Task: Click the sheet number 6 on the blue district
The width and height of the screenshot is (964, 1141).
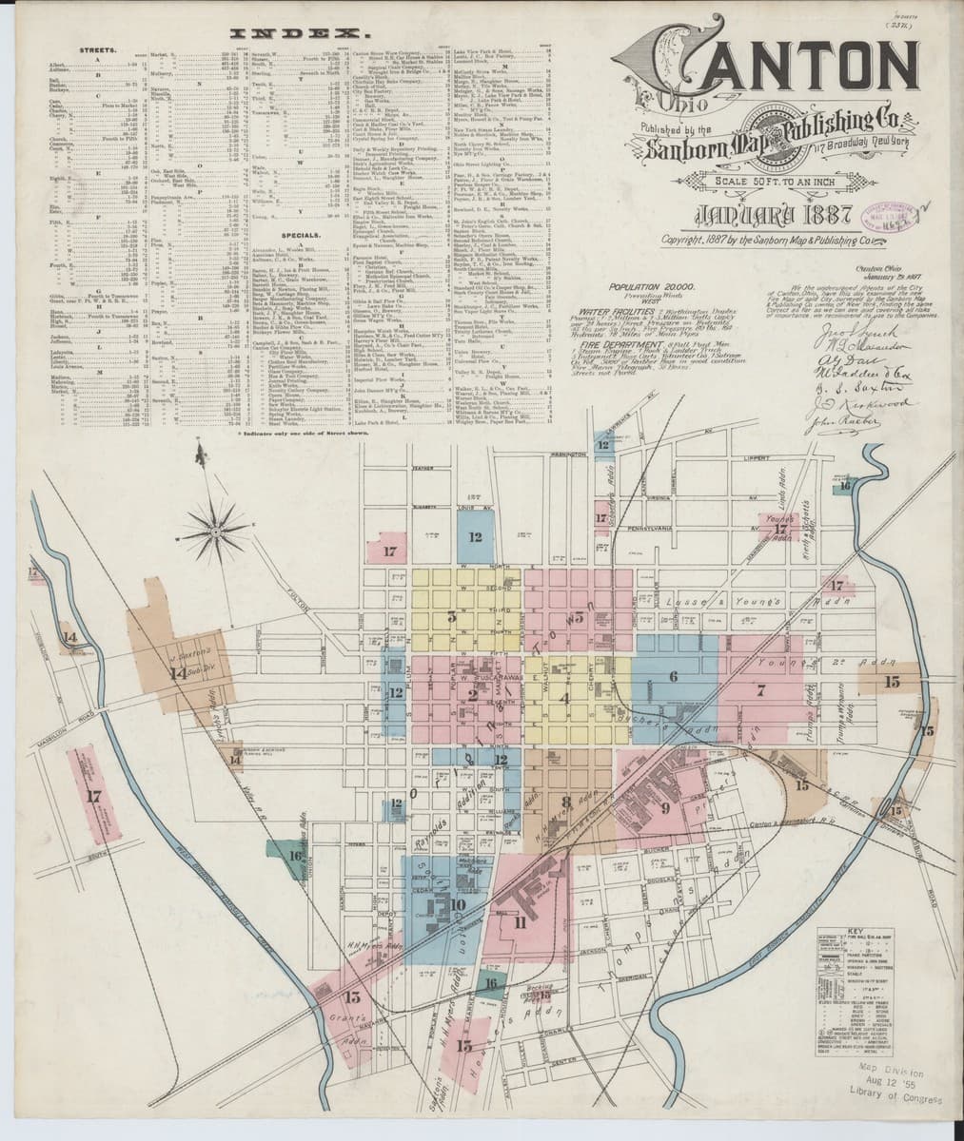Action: click(x=673, y=676)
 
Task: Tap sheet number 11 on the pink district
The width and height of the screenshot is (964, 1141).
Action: click(x=520, y=921)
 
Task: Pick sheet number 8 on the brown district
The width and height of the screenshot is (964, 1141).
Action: click(x=565, y=801)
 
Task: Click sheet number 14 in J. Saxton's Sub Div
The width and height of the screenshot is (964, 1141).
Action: click(x=174, y=674)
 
